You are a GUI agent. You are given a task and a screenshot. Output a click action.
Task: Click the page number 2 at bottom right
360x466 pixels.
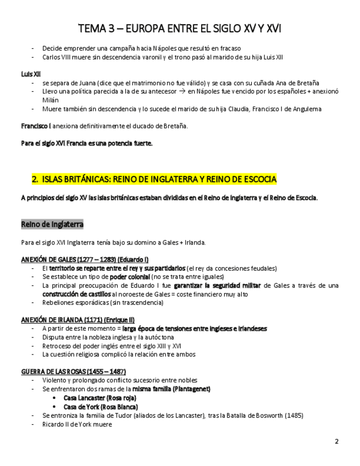336,441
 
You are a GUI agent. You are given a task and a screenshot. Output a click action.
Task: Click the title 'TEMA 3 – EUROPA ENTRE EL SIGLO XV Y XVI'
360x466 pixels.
180,28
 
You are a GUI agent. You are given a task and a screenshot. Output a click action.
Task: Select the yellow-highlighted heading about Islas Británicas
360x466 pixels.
154,180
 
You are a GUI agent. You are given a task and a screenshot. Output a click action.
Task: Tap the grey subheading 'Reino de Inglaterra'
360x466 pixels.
52,224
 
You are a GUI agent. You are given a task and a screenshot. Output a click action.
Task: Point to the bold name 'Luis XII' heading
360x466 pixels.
31,74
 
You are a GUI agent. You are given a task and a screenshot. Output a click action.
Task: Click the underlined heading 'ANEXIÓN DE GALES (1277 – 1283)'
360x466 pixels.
85,259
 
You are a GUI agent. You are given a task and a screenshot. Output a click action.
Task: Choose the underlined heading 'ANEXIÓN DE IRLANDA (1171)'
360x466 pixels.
77,319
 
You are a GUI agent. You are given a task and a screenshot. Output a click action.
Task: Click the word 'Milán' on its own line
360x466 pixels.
51,100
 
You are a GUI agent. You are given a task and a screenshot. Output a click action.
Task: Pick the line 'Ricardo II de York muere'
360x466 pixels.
77,424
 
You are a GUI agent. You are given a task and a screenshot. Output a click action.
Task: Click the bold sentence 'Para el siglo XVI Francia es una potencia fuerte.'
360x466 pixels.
87,144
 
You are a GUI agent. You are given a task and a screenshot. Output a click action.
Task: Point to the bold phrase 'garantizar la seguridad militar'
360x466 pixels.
218,286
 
